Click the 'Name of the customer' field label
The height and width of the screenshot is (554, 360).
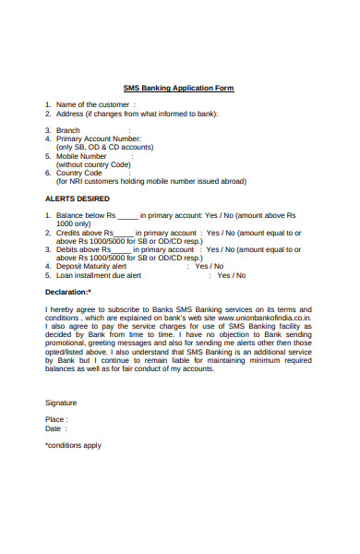[x=92, y=105]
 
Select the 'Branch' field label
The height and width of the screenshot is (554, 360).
[x=69, y=130]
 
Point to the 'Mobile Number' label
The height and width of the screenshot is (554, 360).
[x=82, y=156]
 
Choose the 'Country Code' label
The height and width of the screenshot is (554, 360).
[x=79, y=173]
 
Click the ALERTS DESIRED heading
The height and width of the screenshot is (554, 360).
[x=78, y=199]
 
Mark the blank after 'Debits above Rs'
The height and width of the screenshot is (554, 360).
[x=122, y=250]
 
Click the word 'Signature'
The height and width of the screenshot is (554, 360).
[x=61, y=403]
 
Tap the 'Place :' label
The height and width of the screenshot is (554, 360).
[x=56, y=420]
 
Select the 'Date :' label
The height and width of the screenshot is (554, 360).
[x=55, y=428]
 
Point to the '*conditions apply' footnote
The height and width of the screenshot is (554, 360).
[x=73, y=445]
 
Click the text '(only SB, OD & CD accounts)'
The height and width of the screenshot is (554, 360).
[x=105, y=147]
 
